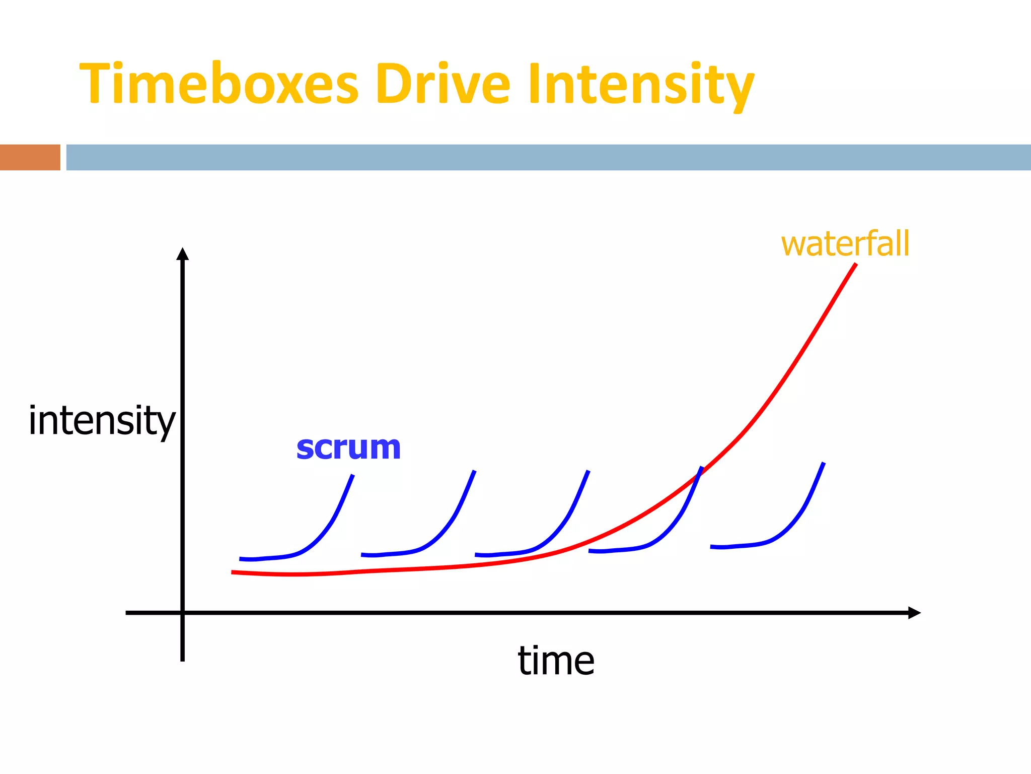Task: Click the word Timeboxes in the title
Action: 219,83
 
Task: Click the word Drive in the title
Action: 443,83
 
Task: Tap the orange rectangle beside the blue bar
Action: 30,157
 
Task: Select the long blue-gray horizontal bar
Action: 548,157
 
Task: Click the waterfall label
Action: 845,244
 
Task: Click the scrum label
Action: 348,447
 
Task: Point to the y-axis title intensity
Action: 102,420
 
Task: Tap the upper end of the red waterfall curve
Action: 855,265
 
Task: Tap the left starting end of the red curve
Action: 233,572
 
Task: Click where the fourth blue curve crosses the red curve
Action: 697,476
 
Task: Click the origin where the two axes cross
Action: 182,613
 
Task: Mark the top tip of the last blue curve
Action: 824,463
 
